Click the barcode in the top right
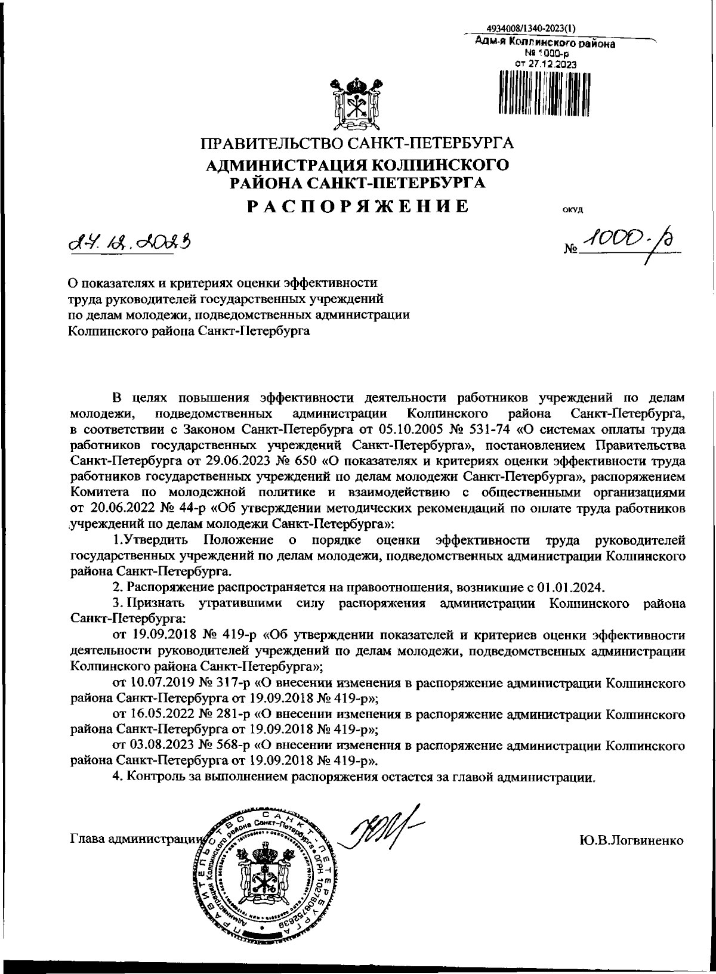point(542,92)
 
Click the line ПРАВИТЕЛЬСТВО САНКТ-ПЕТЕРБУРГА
point(357,144)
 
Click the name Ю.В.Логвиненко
point(631,841)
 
